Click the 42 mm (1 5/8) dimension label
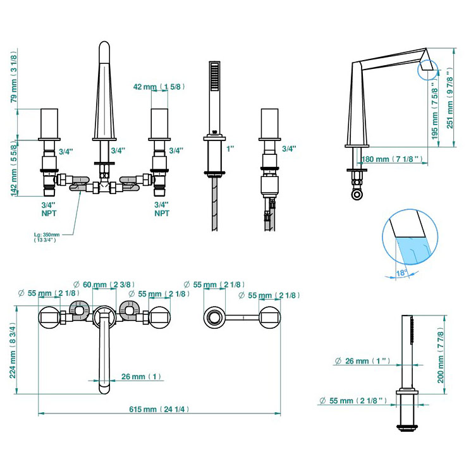158,87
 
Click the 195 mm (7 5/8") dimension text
434,113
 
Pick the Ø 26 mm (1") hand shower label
362,362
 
